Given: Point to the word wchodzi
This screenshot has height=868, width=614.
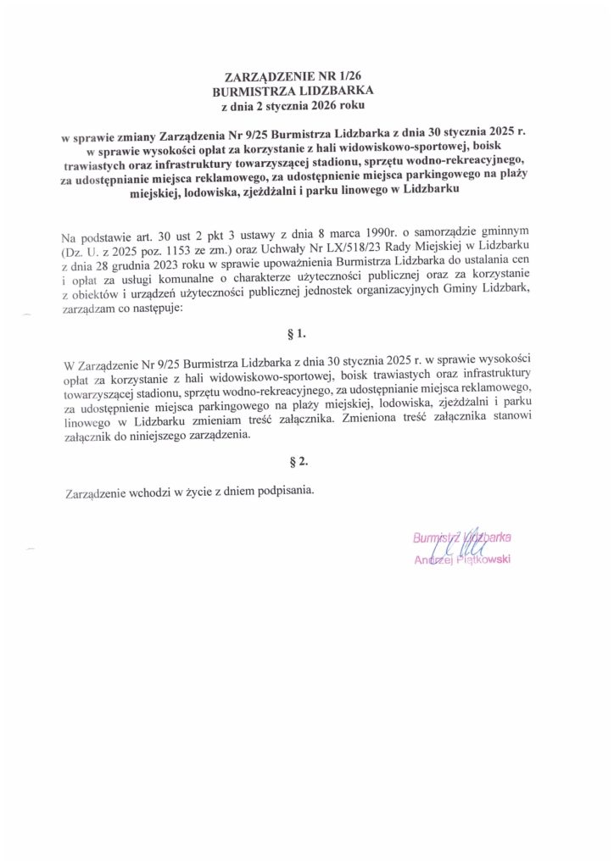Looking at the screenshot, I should [152, 493].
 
